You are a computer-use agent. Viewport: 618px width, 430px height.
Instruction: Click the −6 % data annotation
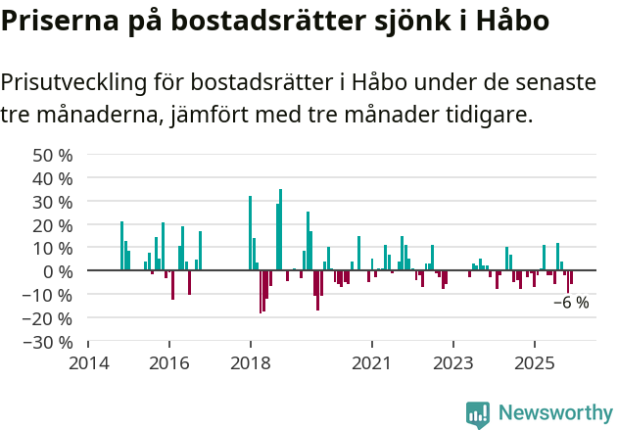tap(571, 303)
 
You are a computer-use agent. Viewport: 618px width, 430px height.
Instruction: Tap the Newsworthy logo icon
tap(478, 413)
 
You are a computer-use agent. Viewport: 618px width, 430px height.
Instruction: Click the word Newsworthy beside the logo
tap(554, 413)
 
